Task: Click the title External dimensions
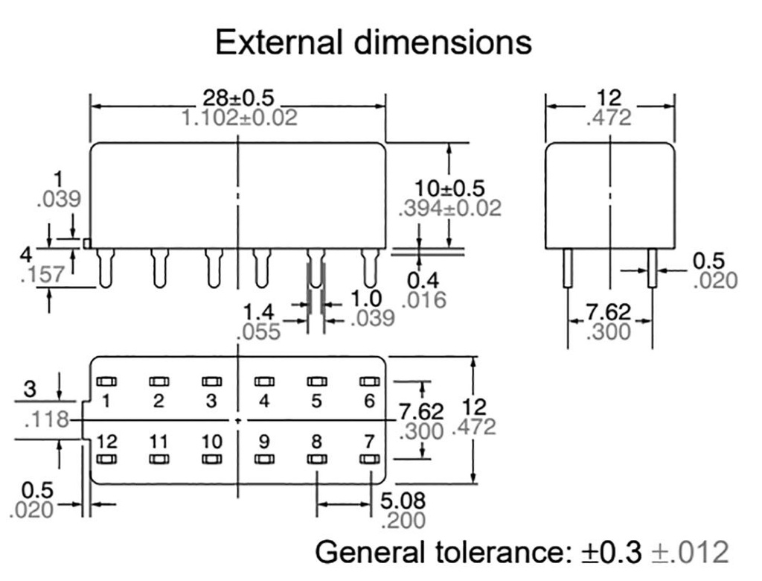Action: [x=373, y=42]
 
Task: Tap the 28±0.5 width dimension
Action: [x=238, y=98]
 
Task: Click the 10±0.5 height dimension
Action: [x=450, y=188]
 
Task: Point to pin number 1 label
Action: [x=106, y=401]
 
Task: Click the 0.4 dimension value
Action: [x=423, y=281]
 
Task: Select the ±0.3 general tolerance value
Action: [x=612, y=553]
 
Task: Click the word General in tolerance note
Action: [x=366, y=553]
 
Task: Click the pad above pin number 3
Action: [x=211, y=381]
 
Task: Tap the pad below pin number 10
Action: [x=211, y=460]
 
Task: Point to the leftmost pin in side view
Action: [x=106, y=268]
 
